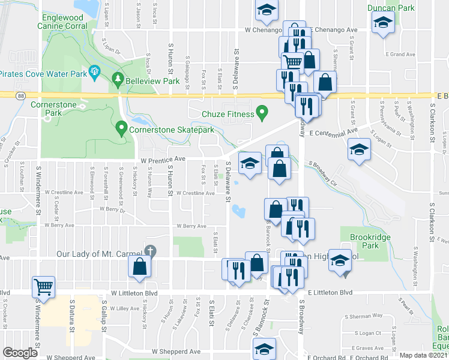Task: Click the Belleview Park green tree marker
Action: pos(118,79)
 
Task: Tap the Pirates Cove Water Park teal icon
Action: pos(94,73)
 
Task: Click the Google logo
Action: pos(20,352)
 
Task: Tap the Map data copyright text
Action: pos(424,355)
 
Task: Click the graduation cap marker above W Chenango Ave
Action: pos(265,9)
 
